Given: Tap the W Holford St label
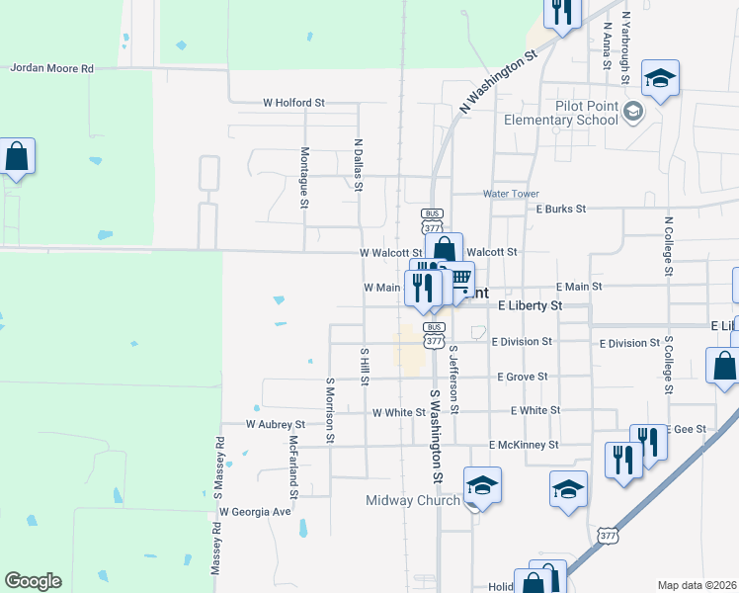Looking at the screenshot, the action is pyautogui.click(x=293, y=103).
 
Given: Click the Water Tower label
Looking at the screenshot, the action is pyautogui.click(x=511, y=194).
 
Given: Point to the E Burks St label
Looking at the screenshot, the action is pyautogui.click(x=561, y=210).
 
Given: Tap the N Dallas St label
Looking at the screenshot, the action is pyautogui.click(x=359, y=165).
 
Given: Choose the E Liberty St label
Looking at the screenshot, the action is pyautogui.click(x=530, y=306).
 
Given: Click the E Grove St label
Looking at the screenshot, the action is pyautogui.click(x=522, y=377).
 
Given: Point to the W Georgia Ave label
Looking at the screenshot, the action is pyautogui.click(x=255, y=512).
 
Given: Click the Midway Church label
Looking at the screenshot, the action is pyautogui.click(x=413, y=500).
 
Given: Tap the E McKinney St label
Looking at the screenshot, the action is pyautogui.click(x=524, y=446).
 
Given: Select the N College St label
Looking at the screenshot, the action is pyautogui.click(x=669, y=246).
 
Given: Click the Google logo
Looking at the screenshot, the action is pyautogui.click(x=33, y=581).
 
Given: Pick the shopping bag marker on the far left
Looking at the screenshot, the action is pyautogui.click(x=17, y=157).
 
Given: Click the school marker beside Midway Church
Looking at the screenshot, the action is pyautogui.click(x=482, y=486).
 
